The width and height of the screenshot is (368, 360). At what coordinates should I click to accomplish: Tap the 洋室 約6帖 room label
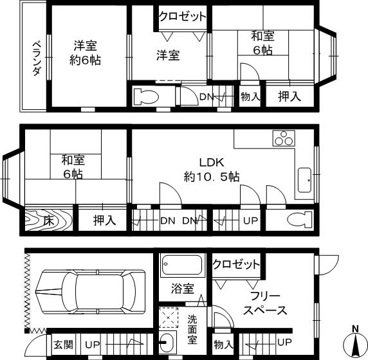pos(86,53)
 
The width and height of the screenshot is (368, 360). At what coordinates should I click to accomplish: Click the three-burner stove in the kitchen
pos(282,138)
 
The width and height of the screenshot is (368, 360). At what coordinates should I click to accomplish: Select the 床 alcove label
pos(48,221)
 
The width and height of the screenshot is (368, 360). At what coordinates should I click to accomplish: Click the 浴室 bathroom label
pos(182,289)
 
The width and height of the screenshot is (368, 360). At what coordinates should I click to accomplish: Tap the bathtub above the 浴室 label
pos(182,265)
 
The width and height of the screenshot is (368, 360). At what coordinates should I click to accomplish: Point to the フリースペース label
pos(265,303)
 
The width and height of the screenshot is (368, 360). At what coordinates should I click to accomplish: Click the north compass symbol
pos(354,344)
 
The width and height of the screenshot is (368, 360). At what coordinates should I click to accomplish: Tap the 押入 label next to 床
pos(104,221)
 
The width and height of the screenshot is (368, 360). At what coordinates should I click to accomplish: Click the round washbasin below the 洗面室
pos(167,341)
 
